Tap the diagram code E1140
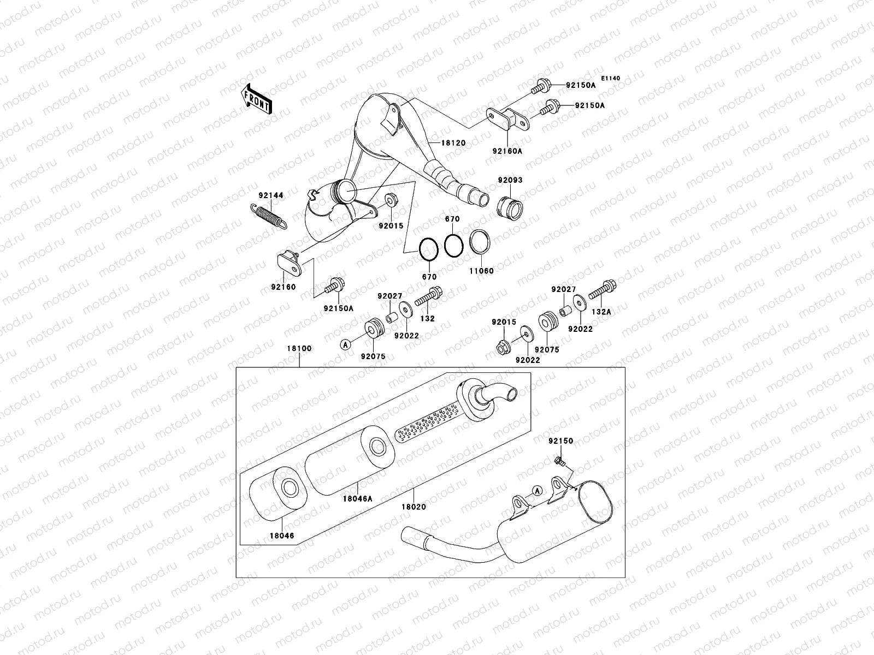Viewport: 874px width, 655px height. click(x=611, y=79)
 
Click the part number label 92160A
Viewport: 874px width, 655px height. click(x=506, y=151)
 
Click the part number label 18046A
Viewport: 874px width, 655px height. click(x=358, y=497)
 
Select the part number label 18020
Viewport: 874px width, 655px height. click(x=414, y=507)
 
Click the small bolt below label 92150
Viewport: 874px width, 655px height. click(x=559, y=462)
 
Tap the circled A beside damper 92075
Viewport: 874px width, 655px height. click(x=345, y=344)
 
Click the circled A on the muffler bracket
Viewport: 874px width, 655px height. click(x=537, y=491)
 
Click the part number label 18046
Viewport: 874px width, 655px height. click(x=280, y=535)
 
